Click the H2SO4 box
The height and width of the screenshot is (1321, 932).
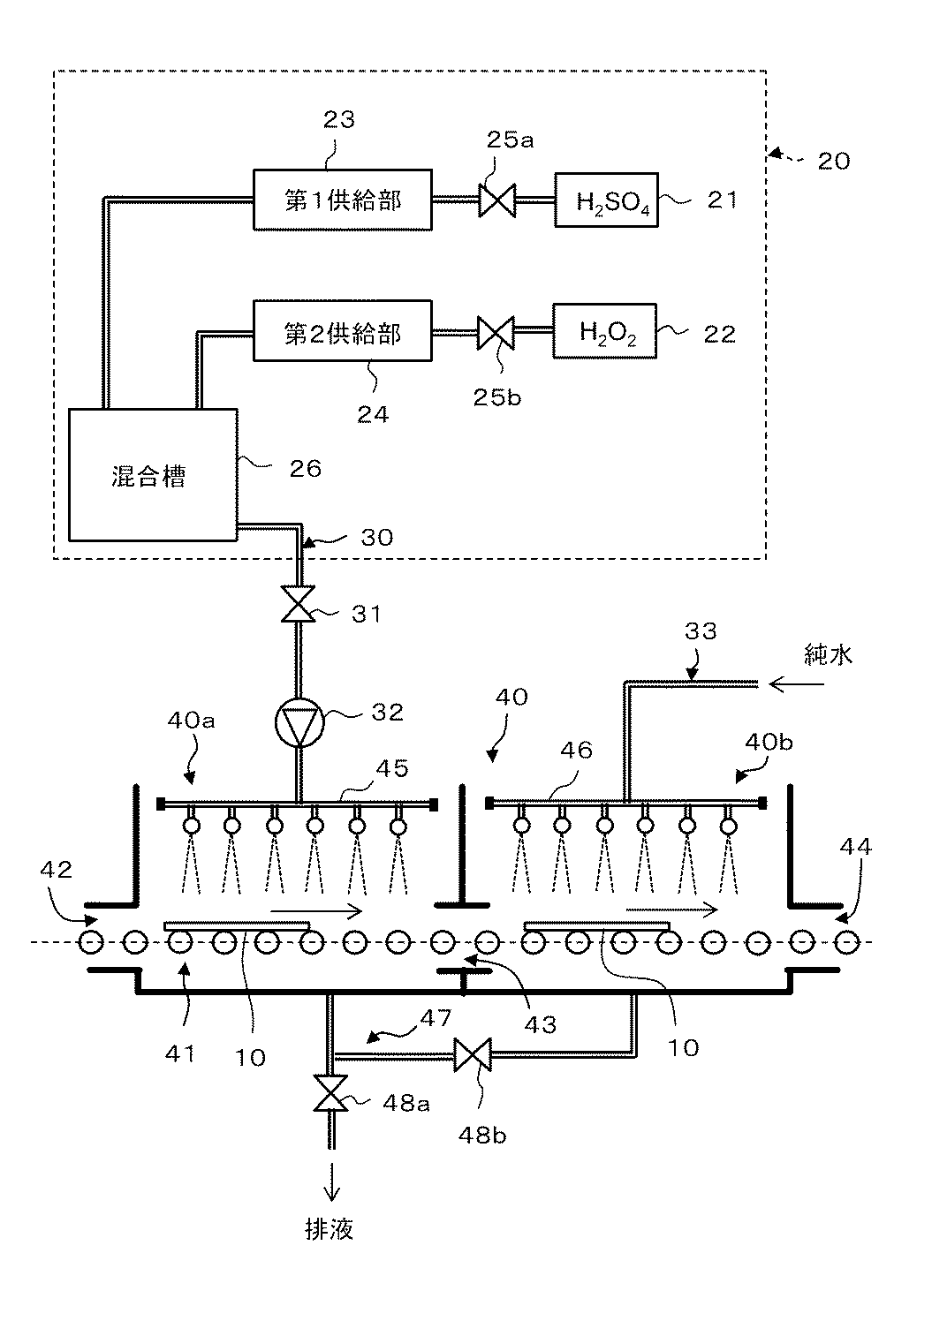coord(606,200)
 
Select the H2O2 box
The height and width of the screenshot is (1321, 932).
coord(604,331)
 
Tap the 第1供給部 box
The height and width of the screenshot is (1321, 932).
coord(343,200)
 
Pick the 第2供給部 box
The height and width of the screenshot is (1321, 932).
coord(343,331)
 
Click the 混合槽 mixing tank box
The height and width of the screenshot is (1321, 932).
coord(154,475)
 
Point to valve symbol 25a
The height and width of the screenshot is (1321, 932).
coord(496,200)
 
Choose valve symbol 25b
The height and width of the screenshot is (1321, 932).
coord(496,333)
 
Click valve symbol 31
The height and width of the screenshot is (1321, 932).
coord(299,603)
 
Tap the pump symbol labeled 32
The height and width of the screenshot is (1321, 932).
coord(299,722)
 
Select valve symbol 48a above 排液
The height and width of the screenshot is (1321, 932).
coord(331,1093)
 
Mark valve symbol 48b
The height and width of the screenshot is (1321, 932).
coord(473,1055)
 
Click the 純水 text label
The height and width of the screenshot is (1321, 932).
coord(829,655)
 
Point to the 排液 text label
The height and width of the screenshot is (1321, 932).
coord(330,1229)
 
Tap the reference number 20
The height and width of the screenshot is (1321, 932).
coord(833,161)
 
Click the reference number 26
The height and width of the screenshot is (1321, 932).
coord(306,469)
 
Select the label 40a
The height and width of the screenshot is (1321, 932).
coord(191,721)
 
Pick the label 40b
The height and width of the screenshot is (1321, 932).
coord(769,742)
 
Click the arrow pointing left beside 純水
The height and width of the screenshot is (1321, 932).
coord(796,684)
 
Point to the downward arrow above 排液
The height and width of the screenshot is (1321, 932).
coord(331,1181)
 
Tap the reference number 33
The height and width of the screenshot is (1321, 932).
coord(701,631)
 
